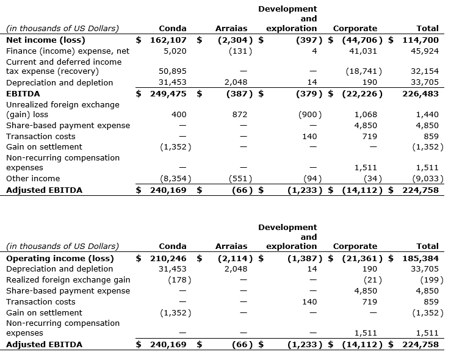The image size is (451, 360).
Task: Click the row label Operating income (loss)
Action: point(60,258)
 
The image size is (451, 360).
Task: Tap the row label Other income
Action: point(33,179)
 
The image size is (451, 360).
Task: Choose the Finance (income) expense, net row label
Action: point(67,51)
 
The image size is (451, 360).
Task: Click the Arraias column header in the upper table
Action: point(231,28)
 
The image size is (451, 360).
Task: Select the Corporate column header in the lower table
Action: point(355,247)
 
